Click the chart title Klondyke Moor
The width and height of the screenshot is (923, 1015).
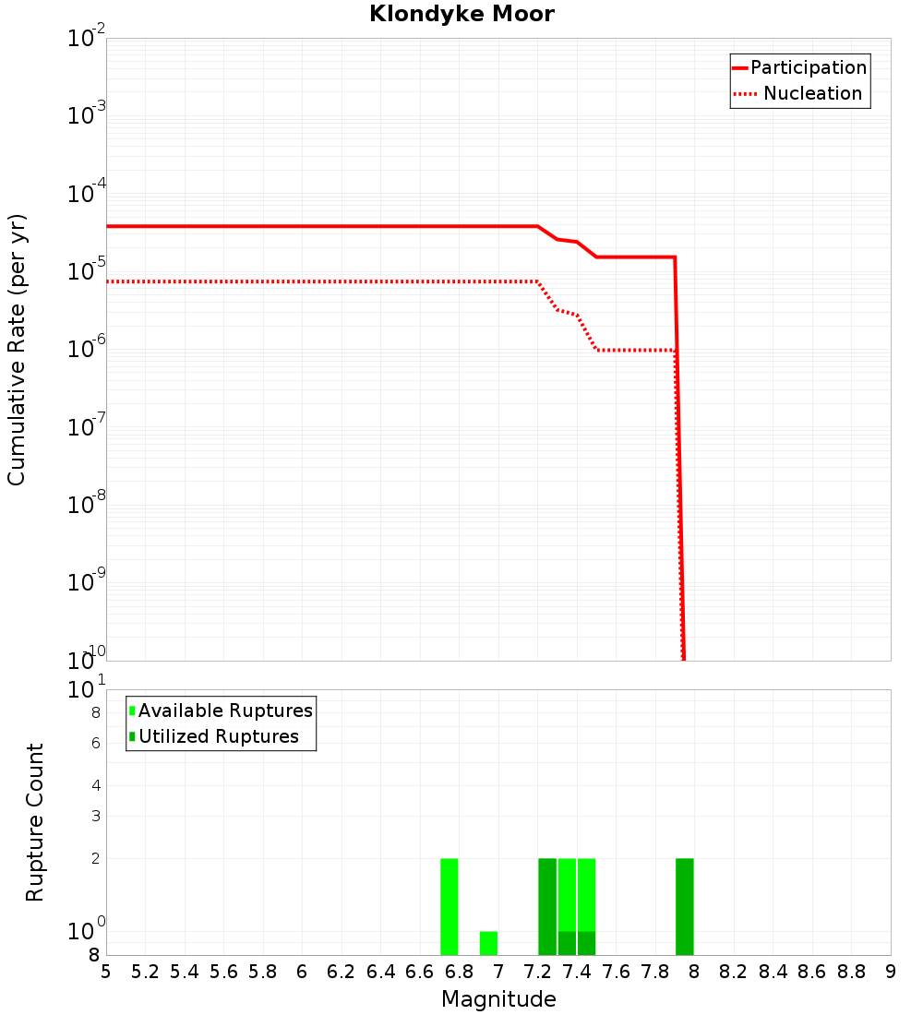click(461, 14)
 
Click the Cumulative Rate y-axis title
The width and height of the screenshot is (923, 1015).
click(17, 349)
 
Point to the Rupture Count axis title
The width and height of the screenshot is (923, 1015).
click(35, 821)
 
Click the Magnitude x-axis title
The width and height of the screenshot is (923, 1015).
click(498, 998)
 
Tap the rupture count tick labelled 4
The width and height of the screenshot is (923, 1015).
click(95, 785)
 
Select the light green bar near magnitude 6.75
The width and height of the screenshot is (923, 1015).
click(450, 906)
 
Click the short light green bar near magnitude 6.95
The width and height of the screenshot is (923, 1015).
click(488, 943)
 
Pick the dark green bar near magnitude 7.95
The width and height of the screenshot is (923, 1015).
click(684, 906)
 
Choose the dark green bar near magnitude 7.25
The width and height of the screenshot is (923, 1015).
click(547, 906)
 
